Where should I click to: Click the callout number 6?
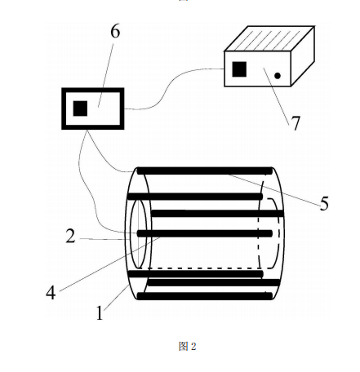[115, 32]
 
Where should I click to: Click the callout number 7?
[296, 123]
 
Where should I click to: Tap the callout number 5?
[324, 203]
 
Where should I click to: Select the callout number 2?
[70, 236]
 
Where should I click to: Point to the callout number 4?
[51, 293]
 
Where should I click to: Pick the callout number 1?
[100, 312]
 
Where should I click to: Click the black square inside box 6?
[80, 108]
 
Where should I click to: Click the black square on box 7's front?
[239, 69]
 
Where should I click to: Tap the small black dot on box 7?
[278, 76]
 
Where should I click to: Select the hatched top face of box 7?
[269, 38]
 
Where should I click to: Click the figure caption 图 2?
[187, 346]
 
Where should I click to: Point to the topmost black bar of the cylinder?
[205, 171]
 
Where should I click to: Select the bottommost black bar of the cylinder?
[205, 296]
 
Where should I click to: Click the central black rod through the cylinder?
[205, 233]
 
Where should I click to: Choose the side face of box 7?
[303, 56]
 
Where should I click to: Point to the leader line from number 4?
[109, 264]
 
